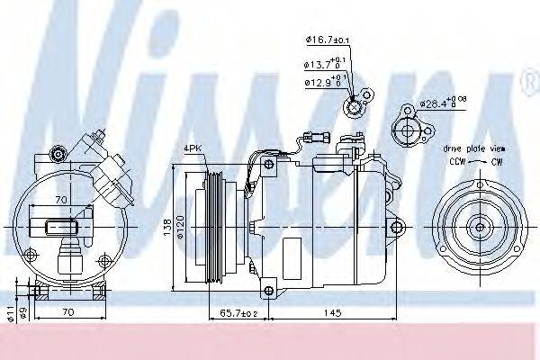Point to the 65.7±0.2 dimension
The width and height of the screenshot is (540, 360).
tap(238, 313)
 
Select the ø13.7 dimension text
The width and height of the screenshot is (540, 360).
tap(323, 65)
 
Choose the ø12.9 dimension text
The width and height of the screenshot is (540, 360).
tap(323, 83)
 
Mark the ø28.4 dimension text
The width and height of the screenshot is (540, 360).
tap(445, 104)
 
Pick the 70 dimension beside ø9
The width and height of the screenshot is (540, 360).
tap(67, 313)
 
